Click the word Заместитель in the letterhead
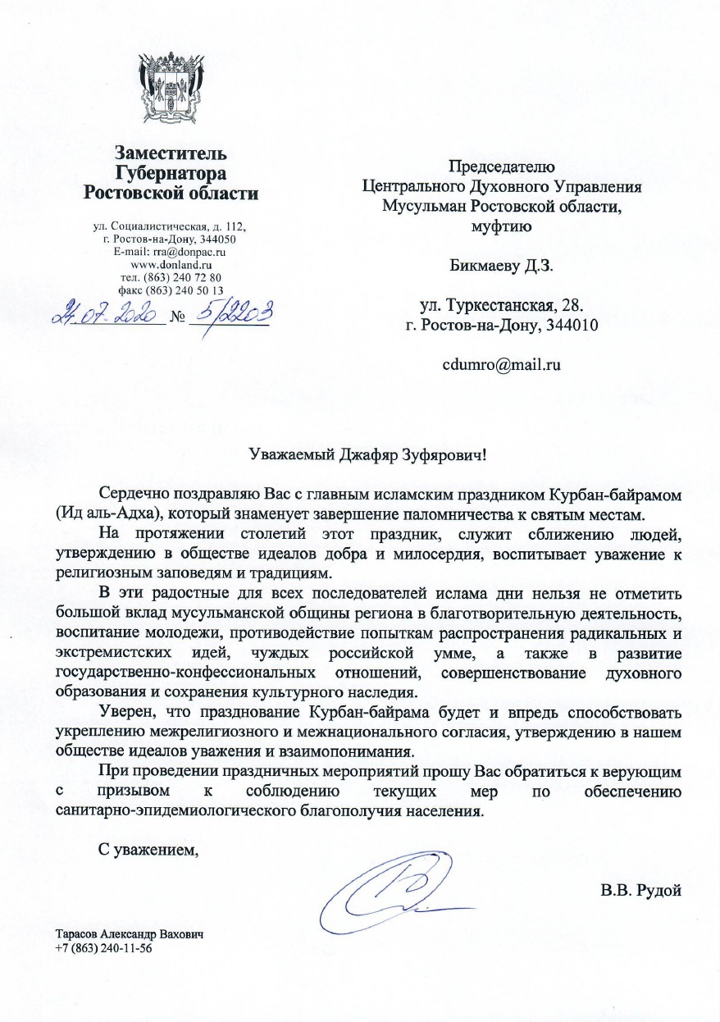coord(171,153)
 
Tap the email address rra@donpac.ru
coord(189,252)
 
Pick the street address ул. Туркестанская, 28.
coord(501,306)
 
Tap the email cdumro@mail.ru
coord(501,365)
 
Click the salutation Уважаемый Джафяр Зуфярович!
coord(374,453)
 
